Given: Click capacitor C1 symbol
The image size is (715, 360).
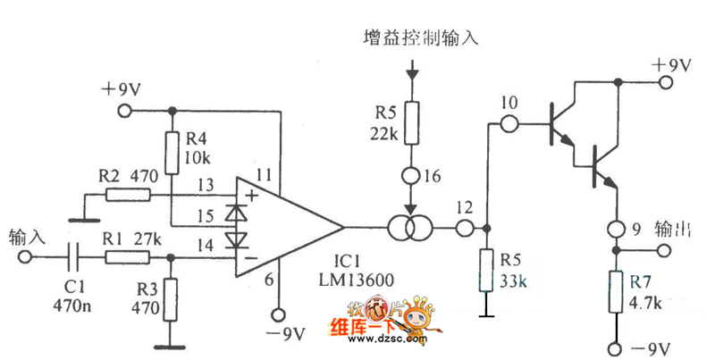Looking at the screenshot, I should (74, 256).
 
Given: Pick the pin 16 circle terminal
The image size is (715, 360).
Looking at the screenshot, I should (411, 176).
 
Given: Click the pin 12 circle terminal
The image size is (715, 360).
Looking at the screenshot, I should (463, 229).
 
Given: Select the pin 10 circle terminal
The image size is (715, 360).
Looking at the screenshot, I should (510, 122).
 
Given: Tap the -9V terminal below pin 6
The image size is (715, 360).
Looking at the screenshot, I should (278, 314).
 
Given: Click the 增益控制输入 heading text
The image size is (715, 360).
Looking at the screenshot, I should (422, 38).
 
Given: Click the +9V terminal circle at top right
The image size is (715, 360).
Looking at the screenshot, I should (666, 82).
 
